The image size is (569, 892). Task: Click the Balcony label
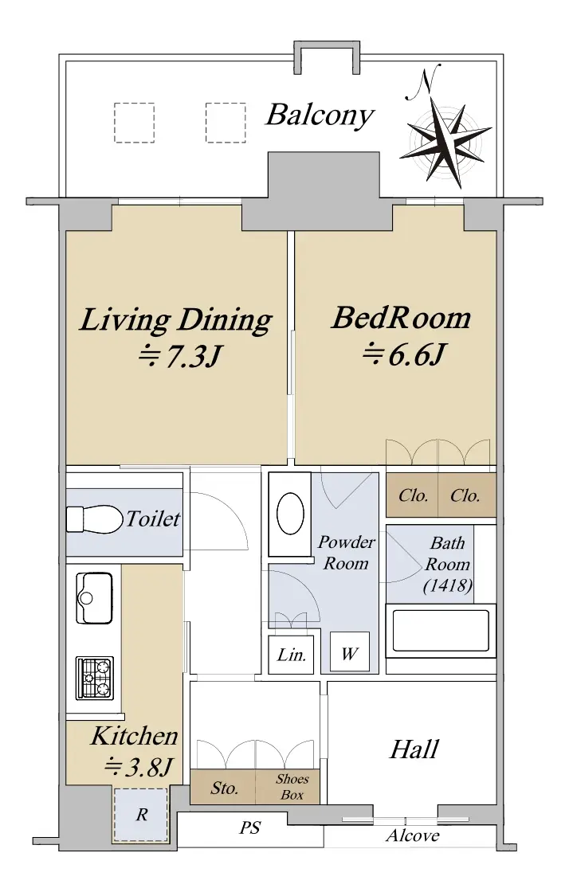[x=320, y=115]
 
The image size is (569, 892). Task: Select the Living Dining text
[x=176, y=320]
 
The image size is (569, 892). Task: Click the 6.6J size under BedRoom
[x=403, y=354]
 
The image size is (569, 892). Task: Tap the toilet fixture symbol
[x=95, y=518]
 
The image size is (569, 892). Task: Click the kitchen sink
[x=94, y=598]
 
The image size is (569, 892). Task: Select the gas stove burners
[x=95, y=678]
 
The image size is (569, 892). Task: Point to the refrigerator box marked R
[x=141, y=815]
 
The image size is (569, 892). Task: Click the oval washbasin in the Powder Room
[x=290, y=514]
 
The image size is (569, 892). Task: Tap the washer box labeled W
[x=349, y=653]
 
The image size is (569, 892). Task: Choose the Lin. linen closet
[x=292, y=654]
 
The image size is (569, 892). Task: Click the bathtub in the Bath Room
[x=441, y=631]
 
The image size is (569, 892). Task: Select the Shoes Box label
[x=292, y=787]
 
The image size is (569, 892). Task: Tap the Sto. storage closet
[x=224, y=787]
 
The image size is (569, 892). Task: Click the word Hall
[x=414, y=749]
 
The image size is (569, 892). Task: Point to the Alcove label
[x=413, y=835]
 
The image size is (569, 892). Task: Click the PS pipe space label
[x=249, y=827]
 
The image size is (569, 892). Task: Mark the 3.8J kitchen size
[x=139, y=768]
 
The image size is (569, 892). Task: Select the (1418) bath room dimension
[x=448, y=585]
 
